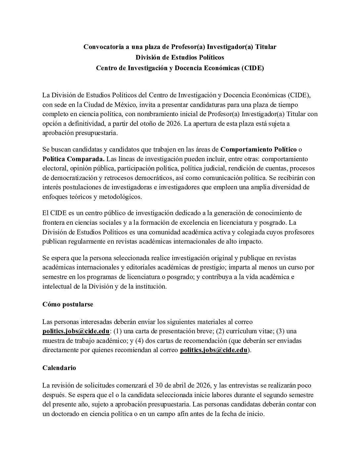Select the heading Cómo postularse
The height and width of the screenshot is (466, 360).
(67, 304)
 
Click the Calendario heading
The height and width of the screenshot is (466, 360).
(59, 368)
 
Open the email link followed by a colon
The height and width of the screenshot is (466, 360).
(76, 331)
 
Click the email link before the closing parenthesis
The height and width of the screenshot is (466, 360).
(213, 350)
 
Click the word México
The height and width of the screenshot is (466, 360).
(125, 105)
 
